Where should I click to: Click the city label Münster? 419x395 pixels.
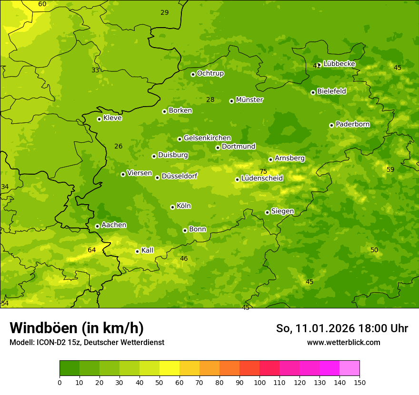(x=249, y=100)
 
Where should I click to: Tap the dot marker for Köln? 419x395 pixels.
(x=172, y=207)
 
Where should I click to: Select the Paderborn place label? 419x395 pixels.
(x=352, y=124)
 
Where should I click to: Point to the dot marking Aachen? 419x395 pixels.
(x=97, y=226)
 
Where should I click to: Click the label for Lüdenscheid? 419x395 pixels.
(x=262, y=178)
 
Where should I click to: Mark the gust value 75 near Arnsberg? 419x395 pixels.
(x=263, y=172)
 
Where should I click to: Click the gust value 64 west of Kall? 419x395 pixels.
(x=92, y=250)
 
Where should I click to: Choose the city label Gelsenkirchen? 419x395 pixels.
(x=207, y=138)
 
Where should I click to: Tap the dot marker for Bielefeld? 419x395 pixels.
(x=313, y=92)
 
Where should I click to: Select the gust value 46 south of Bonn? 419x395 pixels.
(x=184, y=258)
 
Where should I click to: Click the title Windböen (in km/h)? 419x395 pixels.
(x=77, y=328)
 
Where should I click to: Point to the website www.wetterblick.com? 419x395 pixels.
(x=343, y=342)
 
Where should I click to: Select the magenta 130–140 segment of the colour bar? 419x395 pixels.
(x=329, y=368)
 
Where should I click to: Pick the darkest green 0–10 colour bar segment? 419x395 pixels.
(x=70, y=368)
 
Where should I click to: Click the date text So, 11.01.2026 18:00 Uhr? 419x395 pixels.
(x=342, y=328)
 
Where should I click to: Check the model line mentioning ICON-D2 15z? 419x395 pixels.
(x=87, y=342)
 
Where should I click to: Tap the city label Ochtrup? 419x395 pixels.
(x=210, y=73)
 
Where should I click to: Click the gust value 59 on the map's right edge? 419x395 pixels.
(x=390, y=169)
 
